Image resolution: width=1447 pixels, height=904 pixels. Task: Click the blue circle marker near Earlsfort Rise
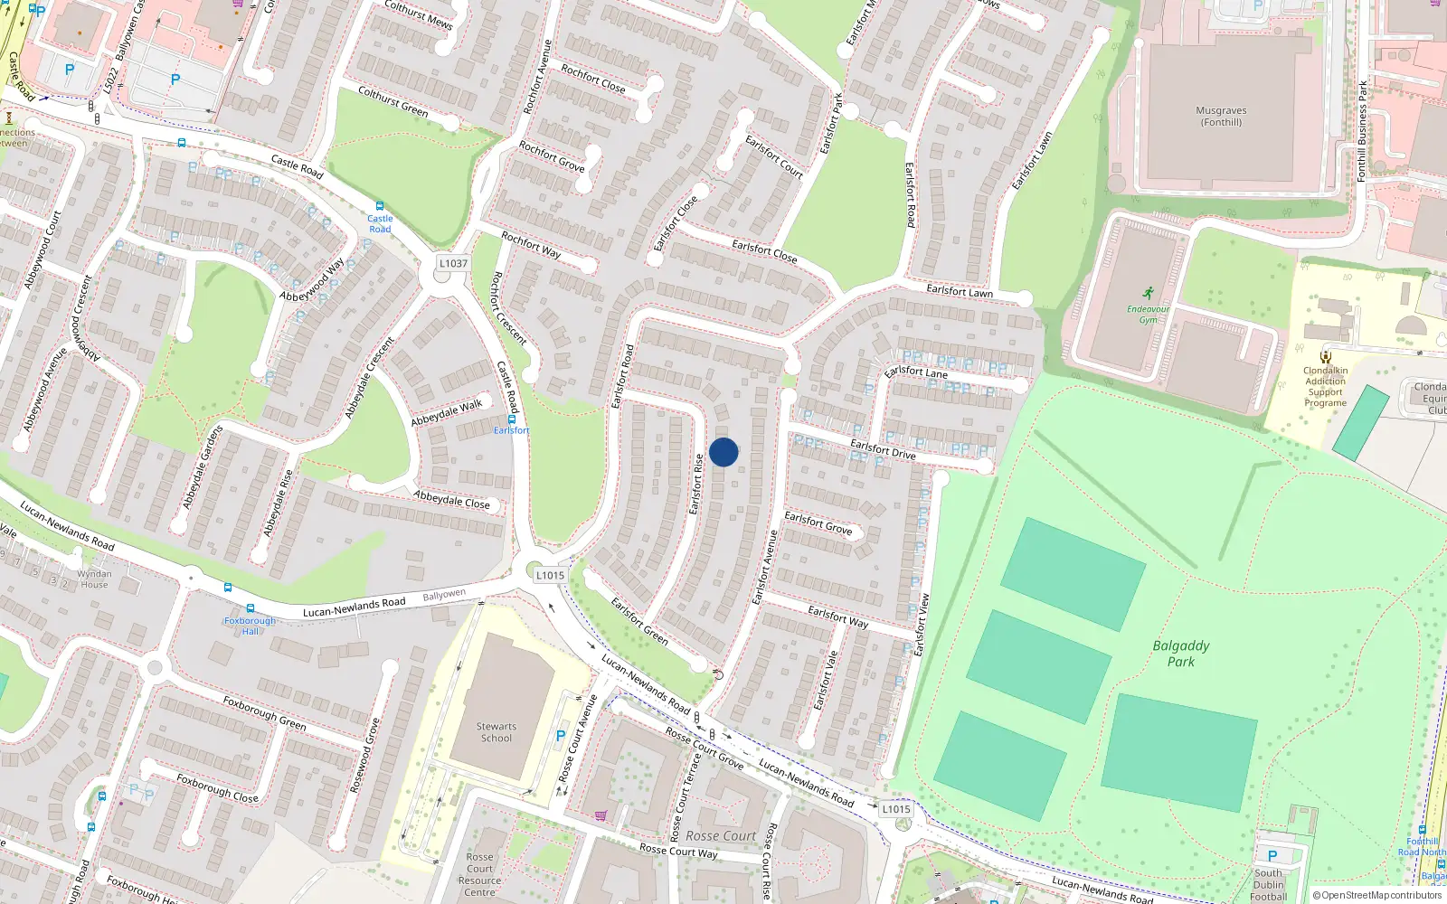723,452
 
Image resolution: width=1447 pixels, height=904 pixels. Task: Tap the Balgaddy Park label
1180,653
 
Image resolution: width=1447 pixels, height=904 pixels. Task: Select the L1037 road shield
453,263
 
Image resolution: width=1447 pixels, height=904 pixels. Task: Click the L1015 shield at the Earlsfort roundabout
550,575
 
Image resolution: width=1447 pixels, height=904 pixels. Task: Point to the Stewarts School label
496,732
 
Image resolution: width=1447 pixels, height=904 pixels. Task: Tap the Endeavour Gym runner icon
1148,293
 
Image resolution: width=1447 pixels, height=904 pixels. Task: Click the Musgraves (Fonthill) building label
1221,116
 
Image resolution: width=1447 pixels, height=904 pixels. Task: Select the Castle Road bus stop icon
379,206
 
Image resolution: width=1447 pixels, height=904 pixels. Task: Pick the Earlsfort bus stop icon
512,419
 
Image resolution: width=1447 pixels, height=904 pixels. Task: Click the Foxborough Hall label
250,626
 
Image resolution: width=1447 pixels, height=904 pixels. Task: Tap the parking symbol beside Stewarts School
561,736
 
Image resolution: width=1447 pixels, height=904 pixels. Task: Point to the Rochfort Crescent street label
508,308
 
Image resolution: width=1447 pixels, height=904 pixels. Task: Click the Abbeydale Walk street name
447,413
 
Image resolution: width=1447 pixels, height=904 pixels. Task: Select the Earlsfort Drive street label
883,448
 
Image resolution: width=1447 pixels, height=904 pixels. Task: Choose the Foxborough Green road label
264,712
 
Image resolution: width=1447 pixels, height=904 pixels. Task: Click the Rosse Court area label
720,836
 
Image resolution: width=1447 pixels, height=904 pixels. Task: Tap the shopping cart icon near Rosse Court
601,815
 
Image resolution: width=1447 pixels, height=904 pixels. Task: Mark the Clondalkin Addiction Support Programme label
1325,387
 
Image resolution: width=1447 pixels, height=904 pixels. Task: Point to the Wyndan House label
94,579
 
